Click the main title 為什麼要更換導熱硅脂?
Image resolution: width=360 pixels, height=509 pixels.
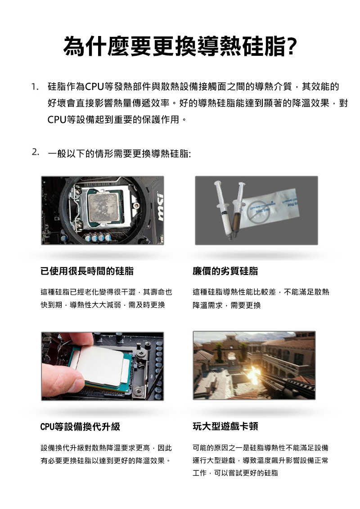(180, 47)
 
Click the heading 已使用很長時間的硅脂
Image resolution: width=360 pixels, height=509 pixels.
(87, 271)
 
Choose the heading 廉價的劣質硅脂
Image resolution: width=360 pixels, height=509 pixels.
(225, 271)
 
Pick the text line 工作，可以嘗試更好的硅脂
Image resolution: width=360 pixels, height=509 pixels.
(235, 473)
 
